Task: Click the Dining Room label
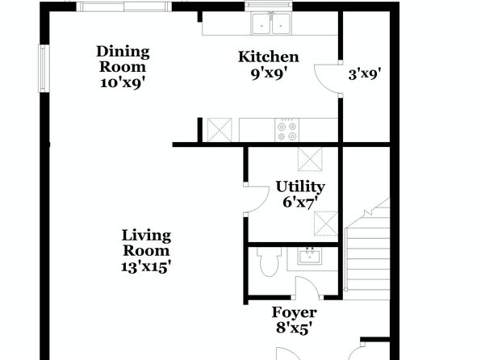pyautogui.click(x=123, y=59)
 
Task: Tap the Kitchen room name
pyautogui.click(x=269, y=57)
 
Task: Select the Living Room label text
pyautogui.click(x=146, y=243)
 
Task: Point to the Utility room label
pyautogui.click(x=300, y=187)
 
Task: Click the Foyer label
pyautogui.click(x=295, y=312)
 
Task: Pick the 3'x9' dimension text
pyautogui.click(x=365, y=74)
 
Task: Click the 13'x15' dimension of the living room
pyautogui.click(x=145, y=266)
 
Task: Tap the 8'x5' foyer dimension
pyautogui.click(x=295, y=328)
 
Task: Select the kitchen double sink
pyautogui.click(x=271, y=24)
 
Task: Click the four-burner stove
pyautogui.click(x=287, y=130)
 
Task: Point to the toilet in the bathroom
pyautogui.click(x=269, y=262)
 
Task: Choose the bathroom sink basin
pyautogui.click(x=310, y=257)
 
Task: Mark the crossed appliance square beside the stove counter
pyautogui.click(x=220, y=130)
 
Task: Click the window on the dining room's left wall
pyautogui.click(x=44, y=69)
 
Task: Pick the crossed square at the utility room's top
pyautogui.click(x=310, y=159)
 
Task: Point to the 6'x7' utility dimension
pyautogui.click(x=299, y=203)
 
